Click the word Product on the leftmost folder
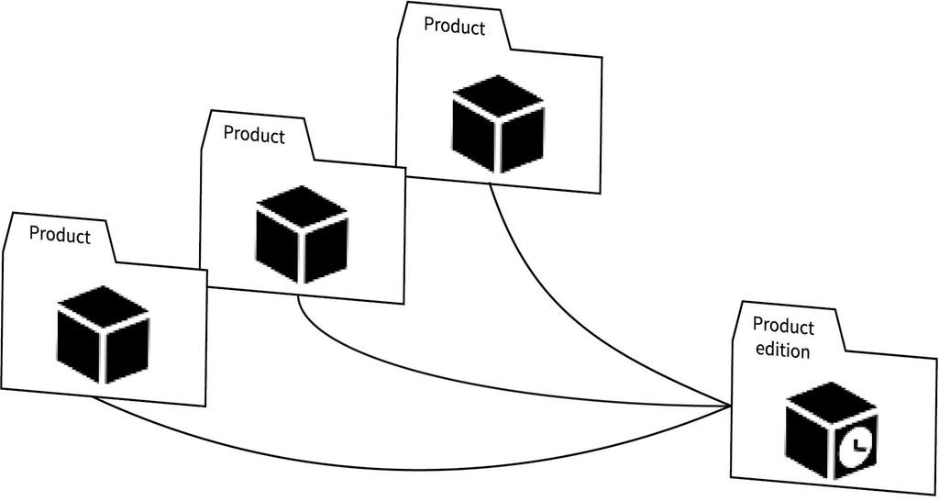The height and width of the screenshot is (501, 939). point(60,235)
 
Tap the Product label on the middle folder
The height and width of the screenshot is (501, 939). point(254,136)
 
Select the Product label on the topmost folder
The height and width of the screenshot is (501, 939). point(454,28)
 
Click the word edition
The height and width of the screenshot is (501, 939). point(781,351)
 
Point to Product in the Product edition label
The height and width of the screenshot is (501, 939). point(783,328)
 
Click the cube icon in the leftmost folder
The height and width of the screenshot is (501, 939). point(103,333)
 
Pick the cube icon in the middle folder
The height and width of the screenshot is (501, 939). point(301,234)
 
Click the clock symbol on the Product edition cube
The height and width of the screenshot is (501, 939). point(855,448)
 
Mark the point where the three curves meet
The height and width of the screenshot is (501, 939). point(730,406)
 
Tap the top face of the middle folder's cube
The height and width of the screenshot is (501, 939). point(301,205)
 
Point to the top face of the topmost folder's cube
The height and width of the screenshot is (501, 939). point(498,95)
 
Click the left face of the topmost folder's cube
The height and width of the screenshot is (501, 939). point(475,138)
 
